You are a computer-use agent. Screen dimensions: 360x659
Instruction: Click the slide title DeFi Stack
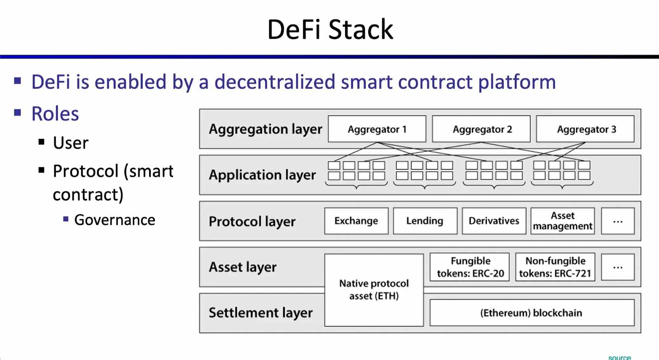tap(330, 30)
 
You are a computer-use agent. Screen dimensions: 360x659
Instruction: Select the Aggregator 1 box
tap(377, 129)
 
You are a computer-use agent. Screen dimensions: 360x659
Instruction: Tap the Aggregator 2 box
tap(481, 129)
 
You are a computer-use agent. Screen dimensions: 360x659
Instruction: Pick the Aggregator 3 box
tap(585, 129)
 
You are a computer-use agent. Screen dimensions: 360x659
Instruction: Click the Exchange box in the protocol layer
tap(356, 221)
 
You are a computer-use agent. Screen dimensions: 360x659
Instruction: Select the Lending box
tap(425, 221)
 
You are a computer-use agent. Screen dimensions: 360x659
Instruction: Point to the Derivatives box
tap(494, 221)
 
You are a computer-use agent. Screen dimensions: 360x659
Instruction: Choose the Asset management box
tap(563, 221)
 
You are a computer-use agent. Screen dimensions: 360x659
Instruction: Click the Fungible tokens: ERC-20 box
tap(470, 267)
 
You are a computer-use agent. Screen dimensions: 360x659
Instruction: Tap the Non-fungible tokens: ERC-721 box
tap(555, 267)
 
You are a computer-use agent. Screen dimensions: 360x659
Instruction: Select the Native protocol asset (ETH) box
tap(374, 290)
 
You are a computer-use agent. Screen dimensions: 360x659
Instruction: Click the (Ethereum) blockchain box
tap(531, 313)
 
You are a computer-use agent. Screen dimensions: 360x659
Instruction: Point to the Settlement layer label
tap(260, 313)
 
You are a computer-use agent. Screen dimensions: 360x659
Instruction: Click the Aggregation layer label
tap(265, 129)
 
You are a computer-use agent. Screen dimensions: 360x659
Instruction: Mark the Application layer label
tap(262, 175)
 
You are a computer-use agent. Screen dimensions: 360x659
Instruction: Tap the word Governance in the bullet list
tap(115, 220)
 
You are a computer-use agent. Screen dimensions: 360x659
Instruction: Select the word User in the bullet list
tap(70, 143)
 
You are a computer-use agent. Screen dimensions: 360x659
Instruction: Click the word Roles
tap(55, 114)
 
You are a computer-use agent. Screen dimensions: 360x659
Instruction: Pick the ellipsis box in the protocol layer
tap(617, 221)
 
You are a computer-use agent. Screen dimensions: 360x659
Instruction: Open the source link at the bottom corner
tap(619, 357)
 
